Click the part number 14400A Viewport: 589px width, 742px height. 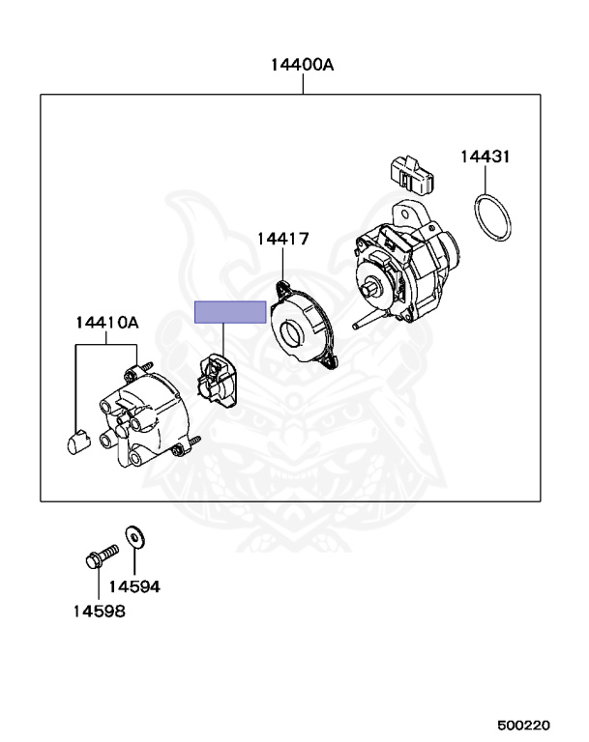pos(302,66)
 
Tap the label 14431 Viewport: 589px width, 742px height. pos(485,156)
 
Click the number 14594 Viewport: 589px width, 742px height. pos(133,586)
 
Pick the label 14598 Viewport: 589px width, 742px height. pos(99,611)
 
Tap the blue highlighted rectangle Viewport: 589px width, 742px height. pos(230,311)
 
